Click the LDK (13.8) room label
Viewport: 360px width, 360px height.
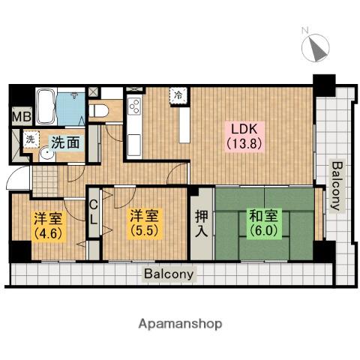244,136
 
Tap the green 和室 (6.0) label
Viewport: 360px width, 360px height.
264,223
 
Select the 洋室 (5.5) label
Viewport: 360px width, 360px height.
144,223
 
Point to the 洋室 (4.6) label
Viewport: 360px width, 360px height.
48,226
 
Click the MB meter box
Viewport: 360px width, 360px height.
22,116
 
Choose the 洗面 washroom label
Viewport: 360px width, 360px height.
65,142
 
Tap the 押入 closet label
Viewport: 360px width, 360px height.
202,223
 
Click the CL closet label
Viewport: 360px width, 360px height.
93,213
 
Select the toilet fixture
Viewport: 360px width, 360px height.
98,111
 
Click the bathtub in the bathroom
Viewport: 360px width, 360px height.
46,106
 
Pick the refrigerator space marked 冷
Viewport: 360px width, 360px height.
178,95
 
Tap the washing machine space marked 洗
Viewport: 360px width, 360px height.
31,139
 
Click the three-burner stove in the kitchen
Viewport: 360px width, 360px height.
134,106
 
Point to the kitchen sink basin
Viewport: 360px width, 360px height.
134,145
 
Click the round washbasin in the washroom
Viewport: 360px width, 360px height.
47,154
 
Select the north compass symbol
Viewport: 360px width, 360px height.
315,47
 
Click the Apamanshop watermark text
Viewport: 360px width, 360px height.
180,324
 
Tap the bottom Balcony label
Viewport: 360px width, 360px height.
169,274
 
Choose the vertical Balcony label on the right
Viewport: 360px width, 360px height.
337,186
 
